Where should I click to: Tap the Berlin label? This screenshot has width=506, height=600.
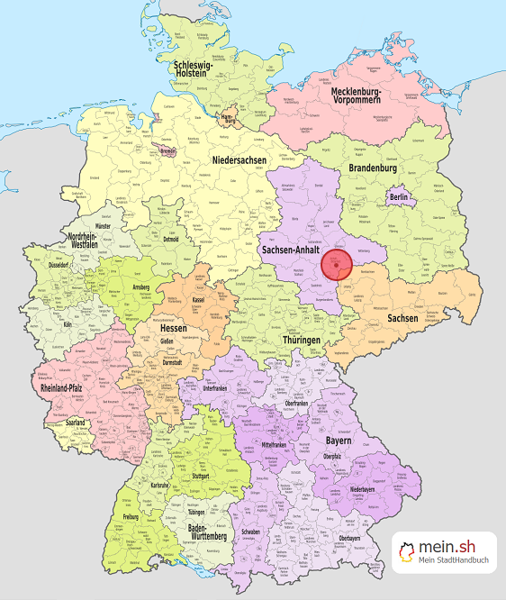(x=399, y=197)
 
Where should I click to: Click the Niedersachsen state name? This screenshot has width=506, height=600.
(x=239, y=160)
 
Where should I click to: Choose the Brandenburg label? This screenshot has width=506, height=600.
(x=372, y=168)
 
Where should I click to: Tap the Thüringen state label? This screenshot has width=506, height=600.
(x=301, y=340)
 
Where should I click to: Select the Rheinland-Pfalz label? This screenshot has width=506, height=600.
(x=67, y=388)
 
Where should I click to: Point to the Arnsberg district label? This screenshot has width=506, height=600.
(x=140, y=287)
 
